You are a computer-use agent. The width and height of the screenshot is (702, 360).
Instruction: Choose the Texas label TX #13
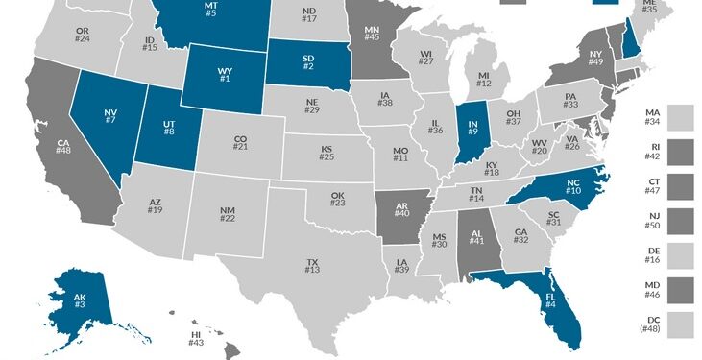coord(312,266)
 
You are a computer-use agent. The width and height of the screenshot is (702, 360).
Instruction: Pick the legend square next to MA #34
coord(682,118)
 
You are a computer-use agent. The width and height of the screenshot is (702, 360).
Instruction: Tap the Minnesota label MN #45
coord(372,36)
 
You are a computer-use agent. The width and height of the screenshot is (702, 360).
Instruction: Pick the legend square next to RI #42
coord(682,153)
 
